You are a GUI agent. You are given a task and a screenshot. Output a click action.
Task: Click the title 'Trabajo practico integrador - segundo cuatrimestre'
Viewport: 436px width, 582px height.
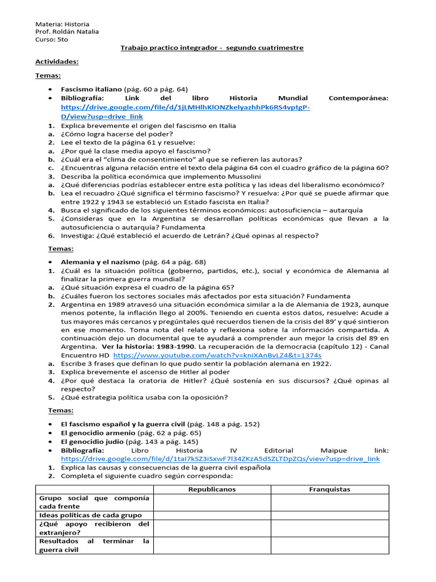212,48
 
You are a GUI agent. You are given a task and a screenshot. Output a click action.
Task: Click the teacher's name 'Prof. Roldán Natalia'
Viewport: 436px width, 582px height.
67,32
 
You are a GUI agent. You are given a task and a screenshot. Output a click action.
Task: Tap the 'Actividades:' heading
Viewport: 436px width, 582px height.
57,61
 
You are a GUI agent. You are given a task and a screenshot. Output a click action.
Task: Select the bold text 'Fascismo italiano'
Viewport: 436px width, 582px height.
91,89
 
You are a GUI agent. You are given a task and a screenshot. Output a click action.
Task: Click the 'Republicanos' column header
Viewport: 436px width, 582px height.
212,489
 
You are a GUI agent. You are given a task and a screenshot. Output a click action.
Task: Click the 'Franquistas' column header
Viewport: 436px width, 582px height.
329,489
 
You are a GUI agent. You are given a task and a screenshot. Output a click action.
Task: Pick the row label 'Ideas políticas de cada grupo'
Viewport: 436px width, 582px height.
90,515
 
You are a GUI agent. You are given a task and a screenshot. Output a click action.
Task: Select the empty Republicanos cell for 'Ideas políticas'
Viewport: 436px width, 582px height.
212,515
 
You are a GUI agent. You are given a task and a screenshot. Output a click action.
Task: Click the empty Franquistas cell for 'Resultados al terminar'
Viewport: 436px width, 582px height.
329,546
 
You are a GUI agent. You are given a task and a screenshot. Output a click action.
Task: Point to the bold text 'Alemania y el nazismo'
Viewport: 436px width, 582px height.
100,262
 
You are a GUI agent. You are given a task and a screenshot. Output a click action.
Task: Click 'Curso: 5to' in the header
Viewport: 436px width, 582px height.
52,40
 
